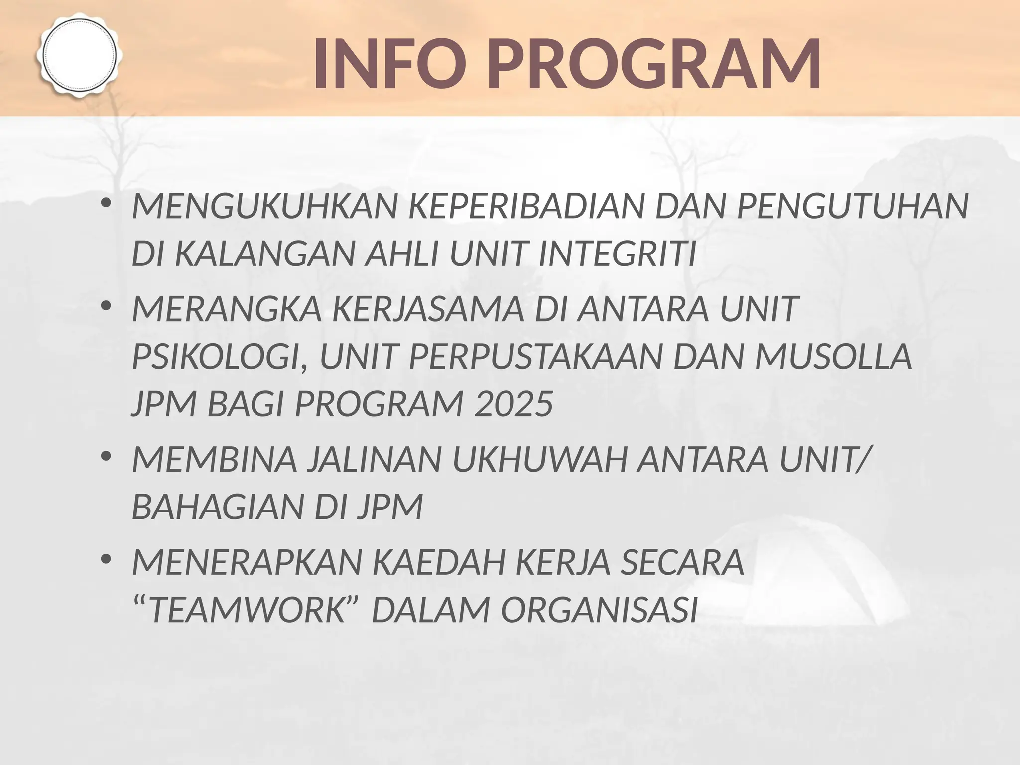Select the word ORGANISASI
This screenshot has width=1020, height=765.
[x=598, y=611]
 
